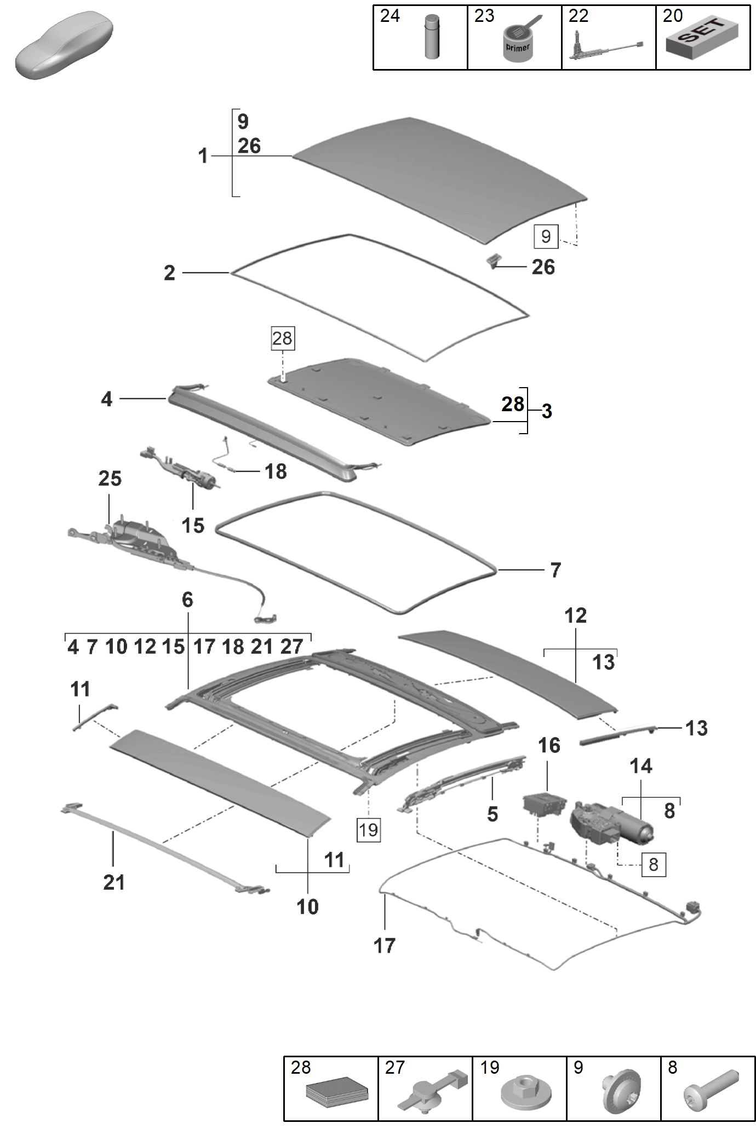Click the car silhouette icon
[x=64, y=46]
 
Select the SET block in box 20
[x=702, y=38]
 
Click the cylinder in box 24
[x=432, y=37]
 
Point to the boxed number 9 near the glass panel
[x=546, y=236]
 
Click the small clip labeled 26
[x=493, y=261]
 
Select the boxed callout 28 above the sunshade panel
[x=283, y=338]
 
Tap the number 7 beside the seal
[x=555, y=570]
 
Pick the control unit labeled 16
[x=544, y=804]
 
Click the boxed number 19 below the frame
[x=368, y=830]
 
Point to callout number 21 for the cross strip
[x=114, y=882]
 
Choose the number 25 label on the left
[x=110, y=479]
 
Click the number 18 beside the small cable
[x=276, y=471]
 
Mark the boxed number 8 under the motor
[x=653, y=865]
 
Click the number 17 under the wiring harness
[x=384, y=946]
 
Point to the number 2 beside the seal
[x=169, y=273]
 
